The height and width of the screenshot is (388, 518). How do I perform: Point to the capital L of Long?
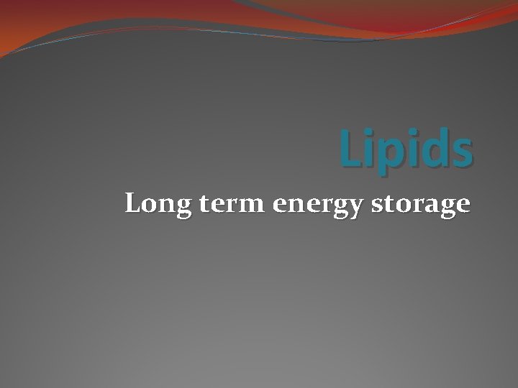coord(132,203)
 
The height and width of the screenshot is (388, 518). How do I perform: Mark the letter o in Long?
coord(146,205)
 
